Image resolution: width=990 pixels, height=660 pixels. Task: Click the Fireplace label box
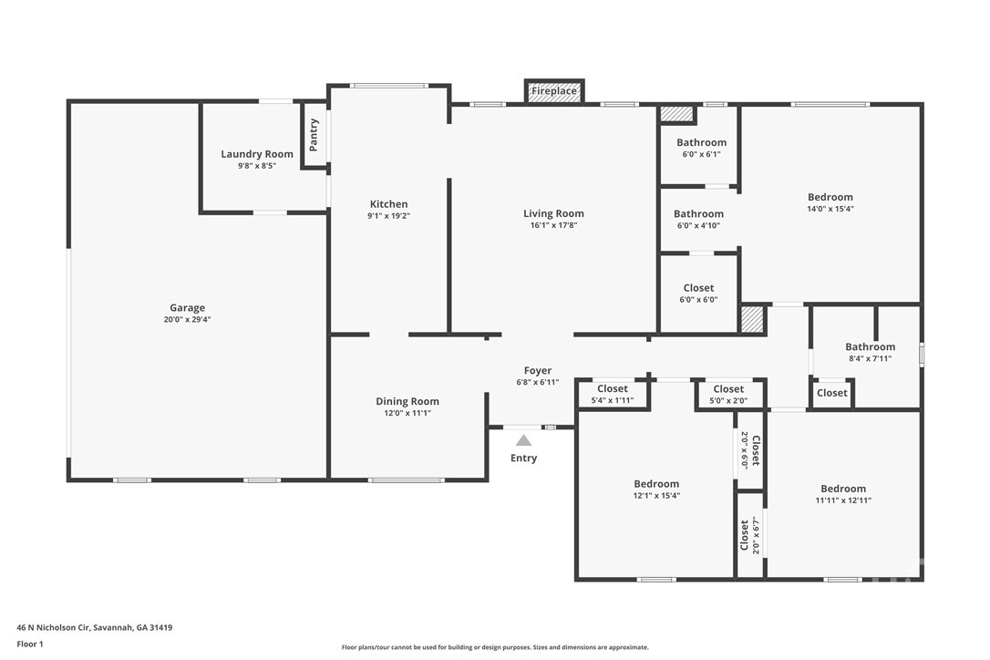tap(553, 91)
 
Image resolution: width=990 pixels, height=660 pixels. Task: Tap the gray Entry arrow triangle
tap(523, 440)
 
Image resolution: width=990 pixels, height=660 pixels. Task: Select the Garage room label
tap(188, 308)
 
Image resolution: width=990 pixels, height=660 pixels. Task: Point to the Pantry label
tap(314, 135)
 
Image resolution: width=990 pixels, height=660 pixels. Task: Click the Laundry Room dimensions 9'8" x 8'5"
tap(257, 166)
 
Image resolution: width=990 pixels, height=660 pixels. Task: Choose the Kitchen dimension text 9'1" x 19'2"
tap(389, 216)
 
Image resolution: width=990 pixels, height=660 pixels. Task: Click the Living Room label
tap(553, 213)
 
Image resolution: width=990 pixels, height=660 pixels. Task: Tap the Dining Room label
tap(407, 402)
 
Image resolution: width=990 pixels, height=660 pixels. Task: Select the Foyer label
tap(538, 371)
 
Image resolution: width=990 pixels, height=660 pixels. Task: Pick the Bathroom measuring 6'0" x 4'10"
tap(698, 214)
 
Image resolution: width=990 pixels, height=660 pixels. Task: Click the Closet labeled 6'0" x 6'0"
tap(698, 288)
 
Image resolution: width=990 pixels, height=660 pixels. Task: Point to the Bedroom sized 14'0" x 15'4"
tap(830, 197)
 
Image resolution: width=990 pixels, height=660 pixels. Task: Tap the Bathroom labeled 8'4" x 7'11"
tap(870, 346)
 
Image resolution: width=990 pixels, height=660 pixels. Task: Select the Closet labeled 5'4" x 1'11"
tap(613, 389)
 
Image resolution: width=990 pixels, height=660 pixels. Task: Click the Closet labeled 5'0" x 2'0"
tap(728, 389)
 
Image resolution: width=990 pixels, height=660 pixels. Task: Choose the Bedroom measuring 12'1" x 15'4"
tap(656, 484)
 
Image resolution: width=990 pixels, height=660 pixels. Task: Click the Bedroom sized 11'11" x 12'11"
tap(843, 489)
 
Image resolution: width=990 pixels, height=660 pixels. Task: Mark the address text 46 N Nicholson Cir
tap(54, 628)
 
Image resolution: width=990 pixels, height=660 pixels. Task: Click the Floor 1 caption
tap(30, 645)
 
